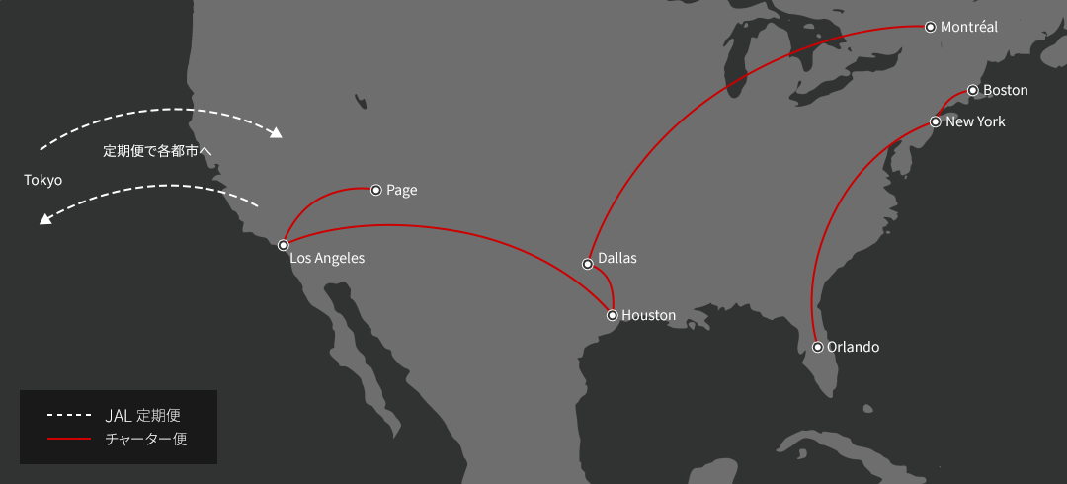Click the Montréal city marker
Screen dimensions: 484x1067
point(930,28)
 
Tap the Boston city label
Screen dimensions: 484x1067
point(1006,90)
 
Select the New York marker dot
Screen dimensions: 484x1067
point(935,122)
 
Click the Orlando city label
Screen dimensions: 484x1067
point(853,347)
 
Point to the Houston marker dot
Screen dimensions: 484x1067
point(613,315)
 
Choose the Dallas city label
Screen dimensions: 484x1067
point(617,258)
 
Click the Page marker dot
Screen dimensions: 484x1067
point(375,190)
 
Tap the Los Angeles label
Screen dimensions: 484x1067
point(327,258)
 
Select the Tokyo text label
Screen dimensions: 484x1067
point(43,180)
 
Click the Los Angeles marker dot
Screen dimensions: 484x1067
point(283,244)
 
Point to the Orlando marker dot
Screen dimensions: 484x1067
point(818,347)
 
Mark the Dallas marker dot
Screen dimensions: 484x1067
point(588,264)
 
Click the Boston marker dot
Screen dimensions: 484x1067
point(973,90)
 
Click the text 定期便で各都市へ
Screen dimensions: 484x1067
point(158,151)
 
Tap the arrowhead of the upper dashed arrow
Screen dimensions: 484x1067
point(278,133)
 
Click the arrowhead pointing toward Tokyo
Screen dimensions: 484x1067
point(45,219)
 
